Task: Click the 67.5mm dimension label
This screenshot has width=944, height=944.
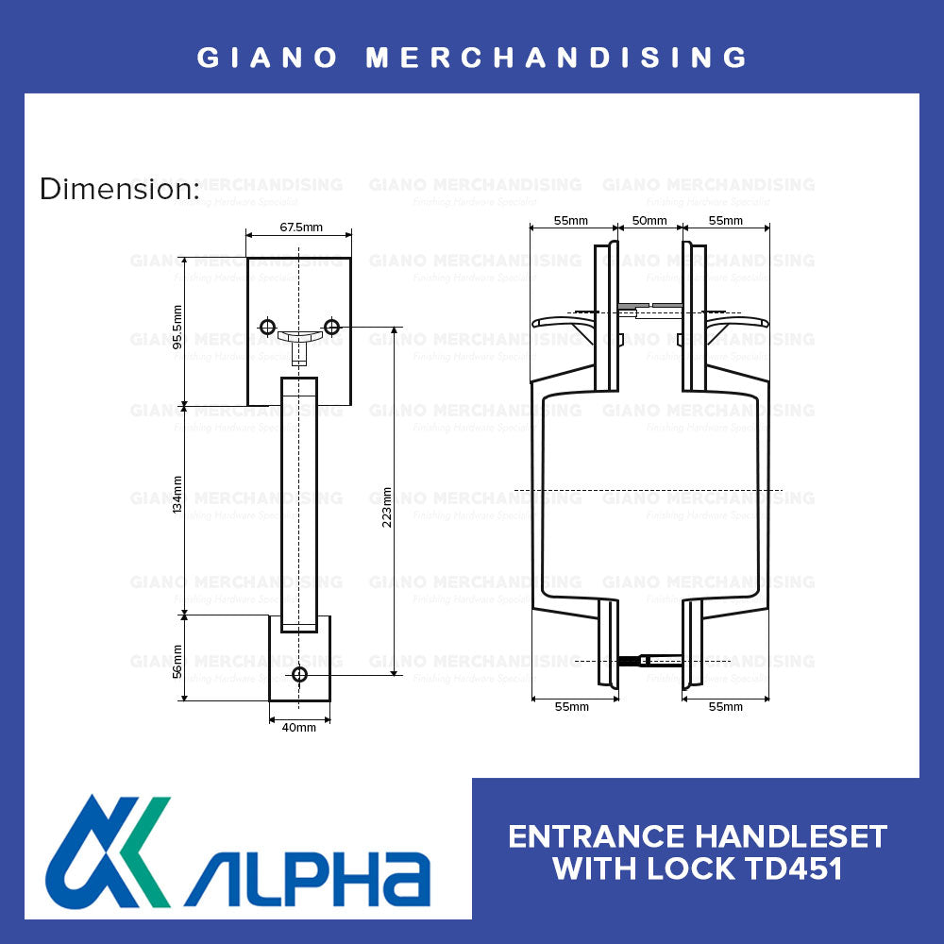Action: (x=298, y=228)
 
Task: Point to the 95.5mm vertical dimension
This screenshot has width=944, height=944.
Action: (x=177, y=328)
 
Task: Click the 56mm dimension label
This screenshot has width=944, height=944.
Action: (x=177, y=659)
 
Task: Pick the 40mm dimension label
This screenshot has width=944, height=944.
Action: (x=299, y=727)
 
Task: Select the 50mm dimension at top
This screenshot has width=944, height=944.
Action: (x=649, y=221)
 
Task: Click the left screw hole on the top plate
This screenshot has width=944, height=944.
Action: (x=267, y=327)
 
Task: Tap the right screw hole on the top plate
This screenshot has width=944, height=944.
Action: (x=331, y=327)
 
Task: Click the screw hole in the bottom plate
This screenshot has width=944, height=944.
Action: (x=300, y=674)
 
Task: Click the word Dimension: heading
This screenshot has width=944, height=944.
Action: (x=119, y=190)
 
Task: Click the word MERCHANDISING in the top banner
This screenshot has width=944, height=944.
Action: (x=557, y=58)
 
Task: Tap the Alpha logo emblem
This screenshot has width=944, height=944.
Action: (x=109, y=852)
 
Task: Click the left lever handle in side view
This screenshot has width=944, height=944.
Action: (x=562, y=323)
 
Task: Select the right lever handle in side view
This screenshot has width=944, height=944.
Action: (x=738, y=323)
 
